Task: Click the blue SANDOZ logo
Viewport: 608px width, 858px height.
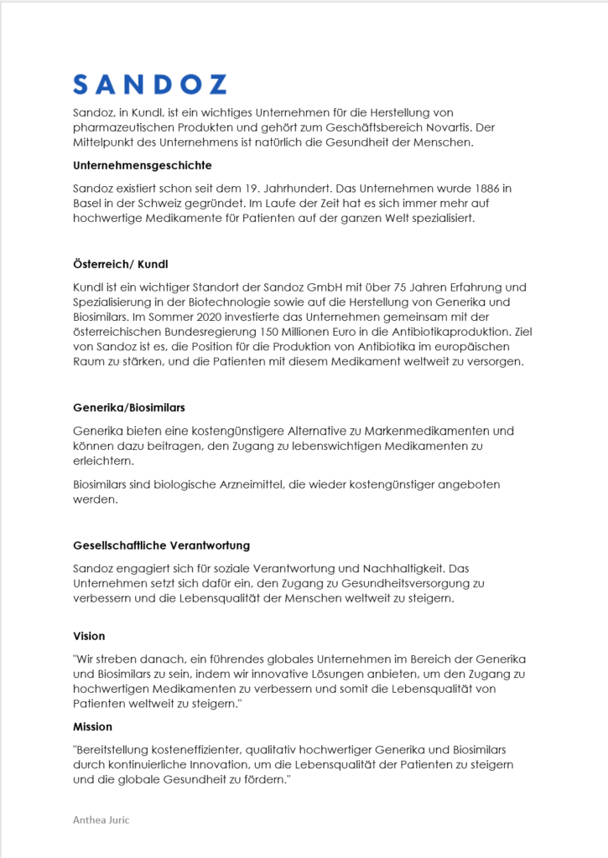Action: coord(149,84)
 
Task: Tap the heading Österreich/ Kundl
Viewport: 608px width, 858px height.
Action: coord(120,265)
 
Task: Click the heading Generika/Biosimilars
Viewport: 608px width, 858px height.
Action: coord(128,408)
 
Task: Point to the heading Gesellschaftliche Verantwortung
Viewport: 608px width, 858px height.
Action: coord(161,545)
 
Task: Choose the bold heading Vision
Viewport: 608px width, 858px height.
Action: coord(89,637)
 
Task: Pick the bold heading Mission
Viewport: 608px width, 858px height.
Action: coord(92,726)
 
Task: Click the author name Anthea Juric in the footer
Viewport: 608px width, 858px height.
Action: coord(101,820)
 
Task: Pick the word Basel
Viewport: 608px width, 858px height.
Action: coord(88,203)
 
